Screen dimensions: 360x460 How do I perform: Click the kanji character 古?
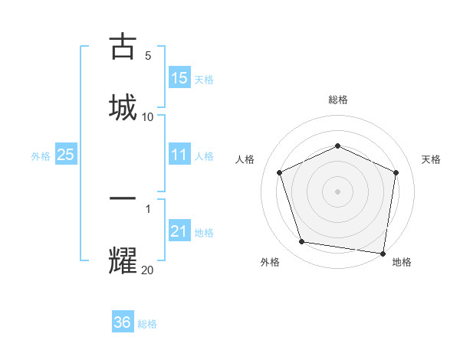[x=123, y=47]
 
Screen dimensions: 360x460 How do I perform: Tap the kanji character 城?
[x=123, y=106]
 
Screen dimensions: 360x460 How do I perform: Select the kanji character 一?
[x=123, y=198]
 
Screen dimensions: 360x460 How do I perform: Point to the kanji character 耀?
[x=123, y=260]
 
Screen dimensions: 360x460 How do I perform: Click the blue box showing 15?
[x=179, y=78]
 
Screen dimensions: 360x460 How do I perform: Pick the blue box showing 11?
[x=179, y=155]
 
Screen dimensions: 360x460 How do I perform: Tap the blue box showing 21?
[x=179, y=231]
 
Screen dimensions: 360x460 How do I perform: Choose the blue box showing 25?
[x=66, y=155]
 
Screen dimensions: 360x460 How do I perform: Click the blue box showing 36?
[x=123, y=322]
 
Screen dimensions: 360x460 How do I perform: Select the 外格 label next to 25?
[x=41, y=155]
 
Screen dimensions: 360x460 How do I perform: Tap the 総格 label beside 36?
[x=147, y=323]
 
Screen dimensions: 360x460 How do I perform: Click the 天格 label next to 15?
[x=204, y=79]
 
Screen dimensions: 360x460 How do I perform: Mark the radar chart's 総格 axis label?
[x=337, y=100]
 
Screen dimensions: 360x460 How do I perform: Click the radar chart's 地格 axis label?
[x=402, y=262]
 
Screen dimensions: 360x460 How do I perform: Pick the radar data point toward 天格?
[x=396, y=172]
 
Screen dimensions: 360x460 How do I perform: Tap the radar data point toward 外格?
[x=302, y=242]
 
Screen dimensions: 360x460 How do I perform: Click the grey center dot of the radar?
[x=337, y=191]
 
